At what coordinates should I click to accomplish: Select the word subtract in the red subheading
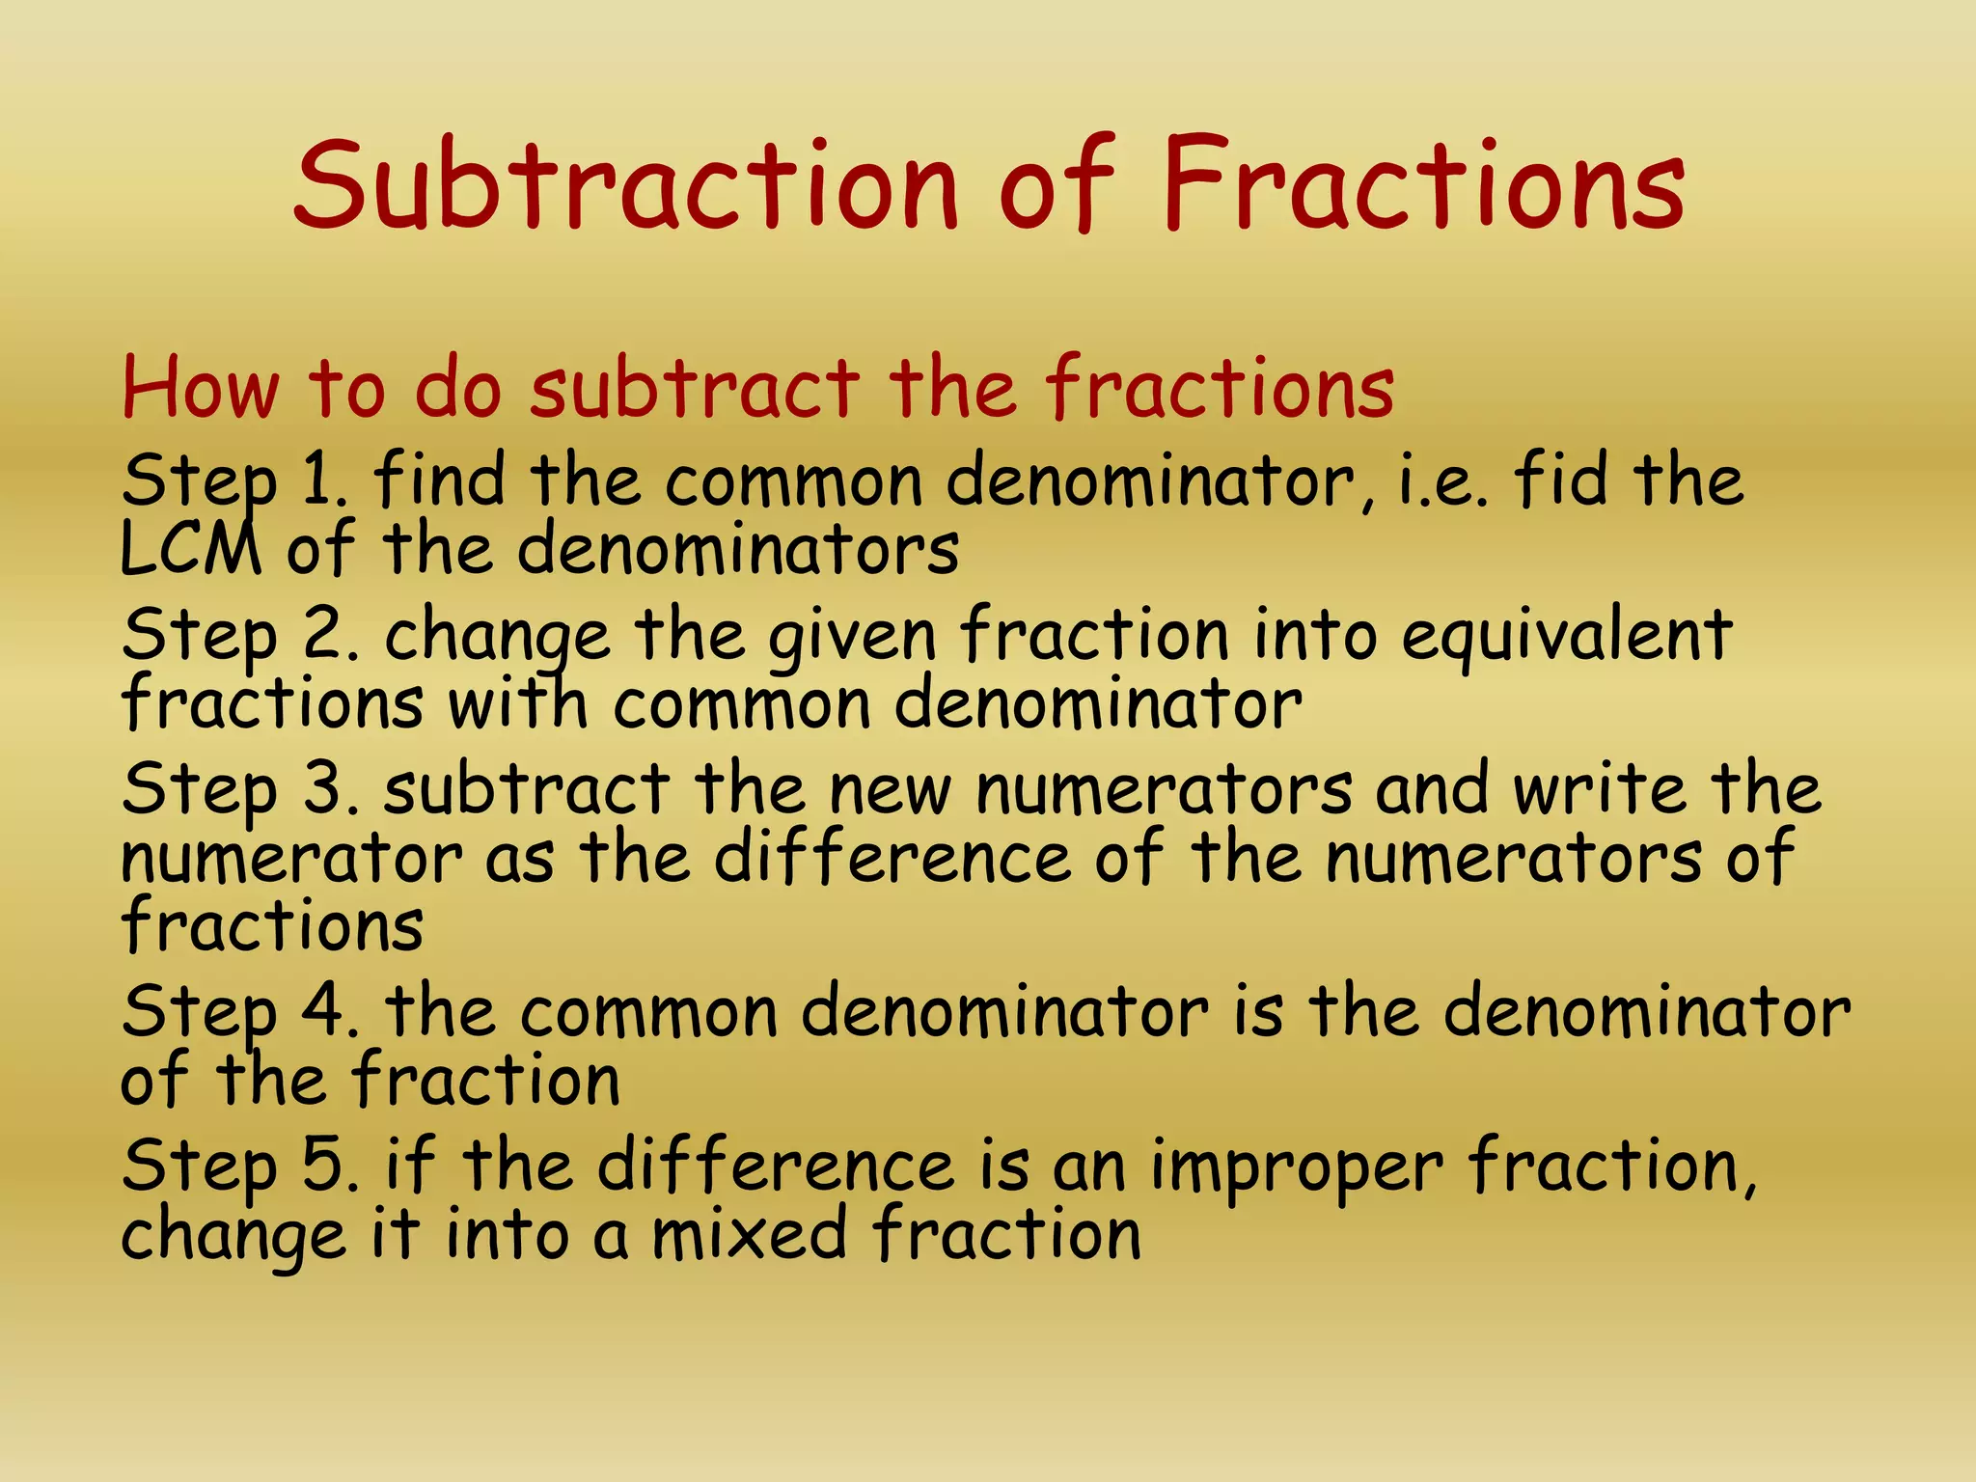(x=695, y=388)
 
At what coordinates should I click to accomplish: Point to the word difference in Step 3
(x=892, y=856)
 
